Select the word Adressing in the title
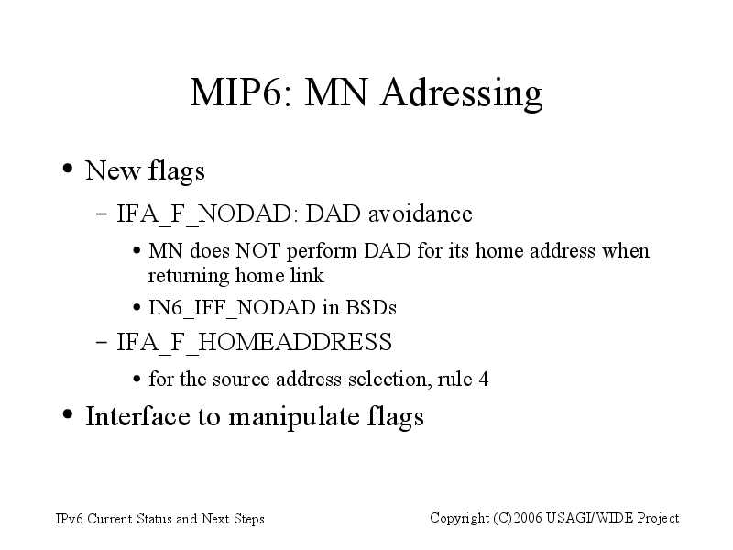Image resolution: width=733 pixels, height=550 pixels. (x=461, y=93)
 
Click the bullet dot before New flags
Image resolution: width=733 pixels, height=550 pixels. (x=68, y=169)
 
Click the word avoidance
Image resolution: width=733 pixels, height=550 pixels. (x=421, y=214)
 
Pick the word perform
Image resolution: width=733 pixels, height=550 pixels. (x=322, y=251)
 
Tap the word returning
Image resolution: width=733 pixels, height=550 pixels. (x=189, y=276)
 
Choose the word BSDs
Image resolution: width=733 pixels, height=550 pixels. (x=371, y=307)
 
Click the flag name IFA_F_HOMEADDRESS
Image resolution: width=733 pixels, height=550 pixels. (x=254, y=342)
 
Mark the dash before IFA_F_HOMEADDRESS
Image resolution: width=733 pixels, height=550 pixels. (x=102, y=342)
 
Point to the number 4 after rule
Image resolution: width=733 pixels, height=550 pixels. (x=484, y=379)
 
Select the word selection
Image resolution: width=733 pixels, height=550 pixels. (x=389, y=379)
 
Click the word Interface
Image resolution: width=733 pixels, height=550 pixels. (x=138, y=416)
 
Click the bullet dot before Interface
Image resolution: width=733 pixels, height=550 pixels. (x=68, y=414)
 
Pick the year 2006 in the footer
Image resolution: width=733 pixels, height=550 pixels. (x=528, y=518)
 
